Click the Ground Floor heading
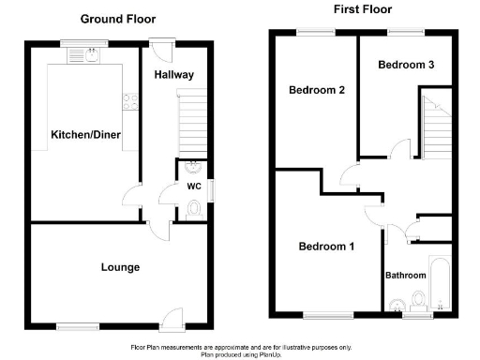(x=118, y=19)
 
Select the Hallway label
(x=174, y=75)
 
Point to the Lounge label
(x=120, y=267)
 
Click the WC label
(x=194, y=186)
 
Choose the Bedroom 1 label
(x=326, y=247)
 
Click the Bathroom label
(x=406, y=276)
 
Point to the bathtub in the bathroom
(x=440, y=281)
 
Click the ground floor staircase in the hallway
(x=191, y=122)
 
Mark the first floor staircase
(x=434, y=127)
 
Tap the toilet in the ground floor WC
(x=195, y=211)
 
